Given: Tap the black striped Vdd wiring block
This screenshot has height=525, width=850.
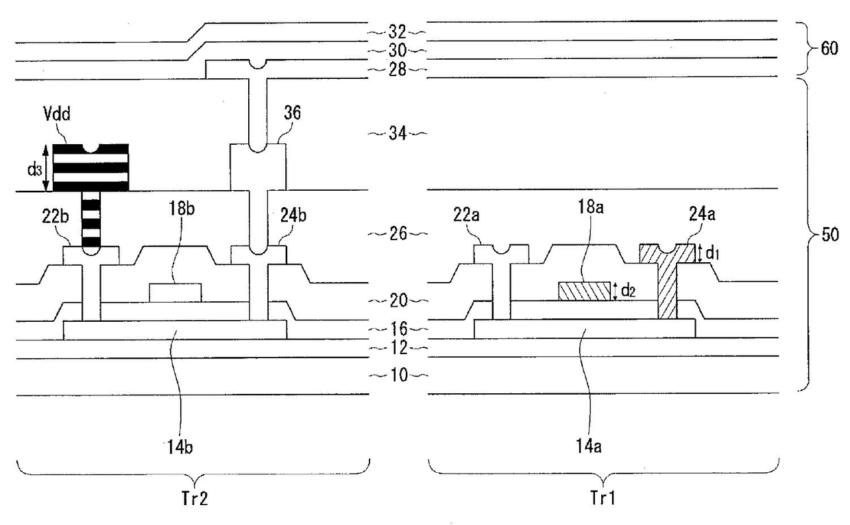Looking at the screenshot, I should (90, 167).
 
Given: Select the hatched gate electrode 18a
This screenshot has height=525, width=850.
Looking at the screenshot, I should (584, 291).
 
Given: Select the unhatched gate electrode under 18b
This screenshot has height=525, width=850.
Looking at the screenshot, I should (175, 292).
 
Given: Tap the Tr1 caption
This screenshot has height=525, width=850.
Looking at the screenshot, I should (605, 499).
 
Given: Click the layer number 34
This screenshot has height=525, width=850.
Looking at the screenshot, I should (398, 133).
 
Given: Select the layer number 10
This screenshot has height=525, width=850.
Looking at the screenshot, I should (398, 375).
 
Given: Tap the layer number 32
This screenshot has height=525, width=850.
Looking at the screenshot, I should (398, 31).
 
